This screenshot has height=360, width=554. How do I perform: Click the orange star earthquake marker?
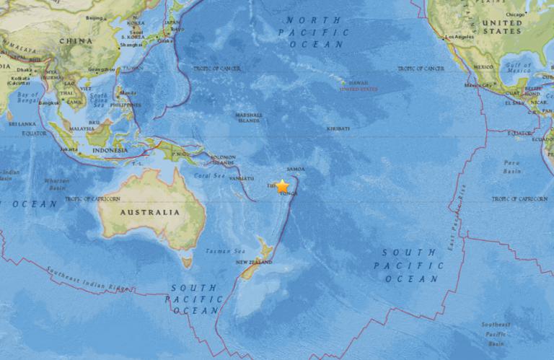point(282,185)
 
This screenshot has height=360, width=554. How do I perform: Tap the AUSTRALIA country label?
point(150,213)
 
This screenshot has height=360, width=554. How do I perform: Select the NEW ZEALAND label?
point(252,263)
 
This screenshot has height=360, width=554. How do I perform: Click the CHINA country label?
point(76,41)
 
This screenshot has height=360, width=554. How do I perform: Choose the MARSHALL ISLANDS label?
point(250,118)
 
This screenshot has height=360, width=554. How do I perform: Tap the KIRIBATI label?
point(338,127)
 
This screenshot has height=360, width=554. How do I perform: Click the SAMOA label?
point(296,168)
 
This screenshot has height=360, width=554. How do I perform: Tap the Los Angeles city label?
point(461,36)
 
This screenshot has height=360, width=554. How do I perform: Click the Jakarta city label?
point(69,149)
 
